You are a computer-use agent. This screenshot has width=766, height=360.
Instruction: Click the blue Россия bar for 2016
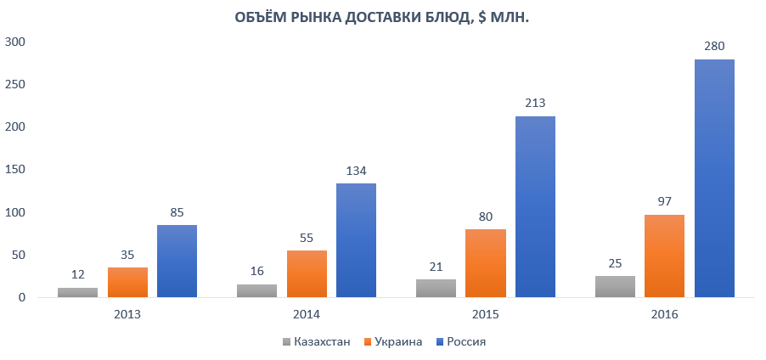point(714,178)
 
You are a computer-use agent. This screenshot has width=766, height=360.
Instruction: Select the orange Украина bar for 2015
point(486,263)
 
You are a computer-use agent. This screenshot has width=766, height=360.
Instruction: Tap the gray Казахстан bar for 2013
point(77,292)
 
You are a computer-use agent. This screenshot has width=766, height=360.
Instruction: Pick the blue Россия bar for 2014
point(356,240)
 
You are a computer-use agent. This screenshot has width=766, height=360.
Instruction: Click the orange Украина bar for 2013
point(127,282)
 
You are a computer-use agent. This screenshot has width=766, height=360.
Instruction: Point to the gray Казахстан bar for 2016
point(615,286)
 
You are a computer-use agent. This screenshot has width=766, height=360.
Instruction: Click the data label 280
point(714,46)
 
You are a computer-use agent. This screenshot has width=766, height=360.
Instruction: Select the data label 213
point(535,103)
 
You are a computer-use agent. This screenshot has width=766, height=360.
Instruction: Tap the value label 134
point(356,171)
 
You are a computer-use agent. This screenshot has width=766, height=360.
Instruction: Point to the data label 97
point(665,202)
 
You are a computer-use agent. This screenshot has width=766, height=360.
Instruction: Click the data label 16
point(257,271)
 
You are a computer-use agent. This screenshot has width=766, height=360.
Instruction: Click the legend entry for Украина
point(392,342)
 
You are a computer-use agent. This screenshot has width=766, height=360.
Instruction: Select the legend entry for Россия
point(463,342)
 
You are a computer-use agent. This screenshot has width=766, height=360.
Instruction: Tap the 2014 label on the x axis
point(307,314)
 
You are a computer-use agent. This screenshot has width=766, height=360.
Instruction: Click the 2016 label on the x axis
point(665,314)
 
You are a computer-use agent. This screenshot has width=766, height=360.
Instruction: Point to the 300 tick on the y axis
point(14,42)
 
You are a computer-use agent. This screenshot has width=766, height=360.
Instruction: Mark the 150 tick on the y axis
point(14,170)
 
